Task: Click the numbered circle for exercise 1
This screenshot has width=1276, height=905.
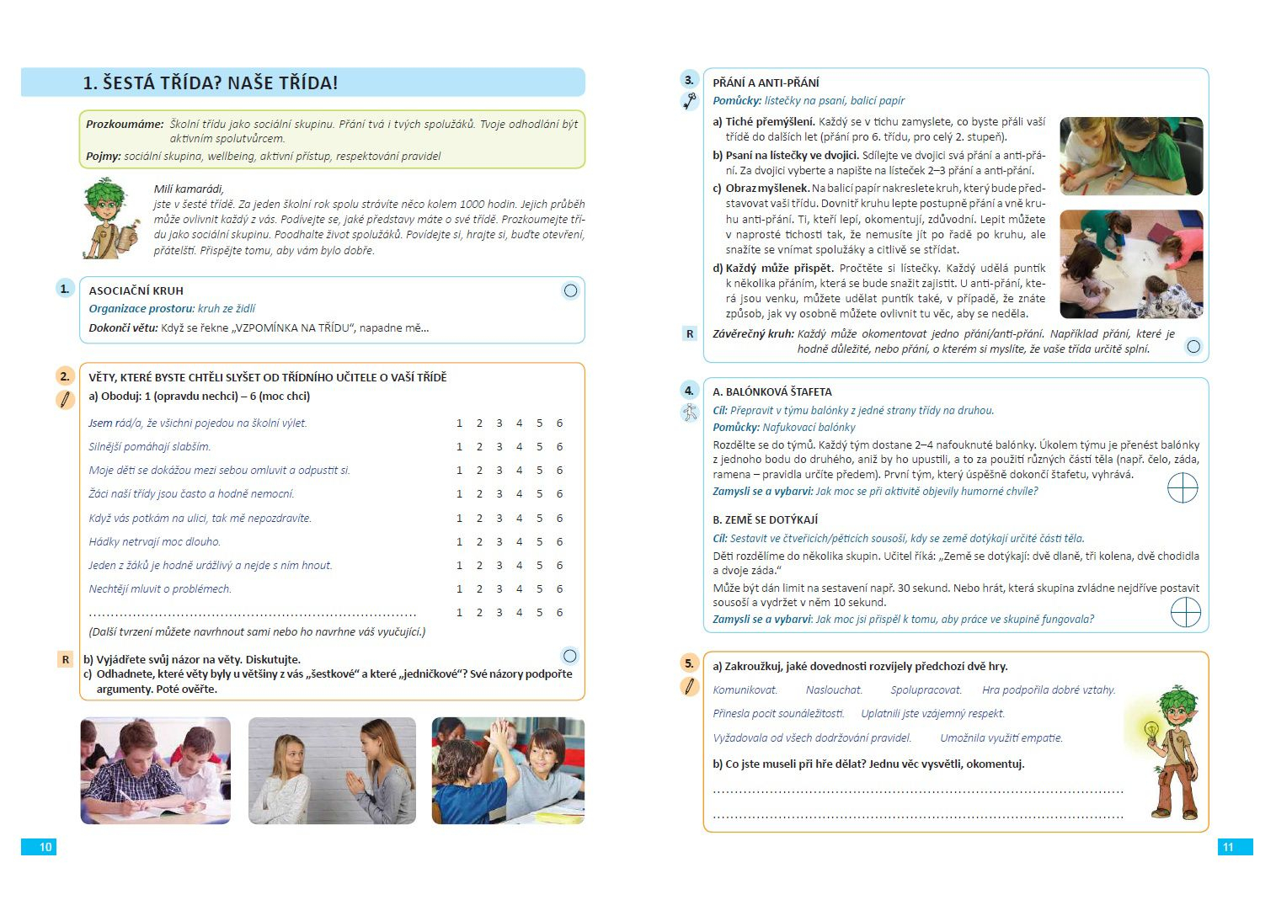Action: pos(65,289)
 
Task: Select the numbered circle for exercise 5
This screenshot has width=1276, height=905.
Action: pos(689,663)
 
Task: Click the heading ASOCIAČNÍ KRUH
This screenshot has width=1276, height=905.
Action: pos(136,290)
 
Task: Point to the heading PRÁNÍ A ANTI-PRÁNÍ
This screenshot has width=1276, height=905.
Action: pos(765,83)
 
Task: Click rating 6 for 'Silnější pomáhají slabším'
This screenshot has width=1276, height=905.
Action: pos(559,446)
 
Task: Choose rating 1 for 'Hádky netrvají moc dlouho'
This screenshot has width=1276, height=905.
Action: pos(459,541)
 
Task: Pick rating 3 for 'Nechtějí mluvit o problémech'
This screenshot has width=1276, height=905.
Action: pos(499,588)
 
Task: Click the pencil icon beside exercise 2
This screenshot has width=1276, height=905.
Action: pos(65,399)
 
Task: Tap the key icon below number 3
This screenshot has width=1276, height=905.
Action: pos(690,102)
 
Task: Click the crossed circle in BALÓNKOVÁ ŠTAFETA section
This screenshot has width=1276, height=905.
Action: pos(1183,487)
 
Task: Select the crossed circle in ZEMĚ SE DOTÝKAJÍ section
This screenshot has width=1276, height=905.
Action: pos(1185,612)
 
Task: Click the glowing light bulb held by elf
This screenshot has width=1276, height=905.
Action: pos(1151,728)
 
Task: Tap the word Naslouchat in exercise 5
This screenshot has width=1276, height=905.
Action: pos(833,689)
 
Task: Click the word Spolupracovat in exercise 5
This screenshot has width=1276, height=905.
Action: pos(926,689)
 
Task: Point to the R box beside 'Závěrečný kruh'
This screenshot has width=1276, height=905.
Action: pos(690,333)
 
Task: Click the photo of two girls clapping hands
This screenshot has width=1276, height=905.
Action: pos(332,770)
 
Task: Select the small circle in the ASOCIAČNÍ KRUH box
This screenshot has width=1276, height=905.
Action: pos(570,291)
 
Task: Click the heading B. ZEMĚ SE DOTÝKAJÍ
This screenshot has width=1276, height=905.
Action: pos(765,519)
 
